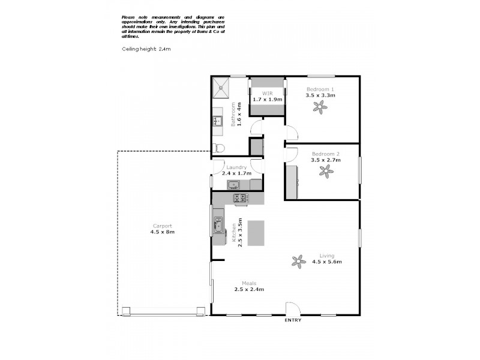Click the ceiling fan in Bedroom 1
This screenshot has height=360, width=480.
click(x=320, y=107)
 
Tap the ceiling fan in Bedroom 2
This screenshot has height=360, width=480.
click(x=326, y=172)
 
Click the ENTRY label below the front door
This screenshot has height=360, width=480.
click(x=293, y=320)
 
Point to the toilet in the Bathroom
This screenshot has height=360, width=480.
click(x=220, y=148)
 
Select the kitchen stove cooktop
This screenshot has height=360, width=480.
click(x=241, y=197)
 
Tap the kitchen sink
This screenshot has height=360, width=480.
click(x=217, y=227)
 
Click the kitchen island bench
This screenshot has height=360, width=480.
click(x=256, y=232)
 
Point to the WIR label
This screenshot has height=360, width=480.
click(x=266, y=94)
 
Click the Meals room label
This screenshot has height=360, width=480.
click(x=250, y=283)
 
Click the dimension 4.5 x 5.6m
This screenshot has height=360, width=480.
click(x=326, y=262)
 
